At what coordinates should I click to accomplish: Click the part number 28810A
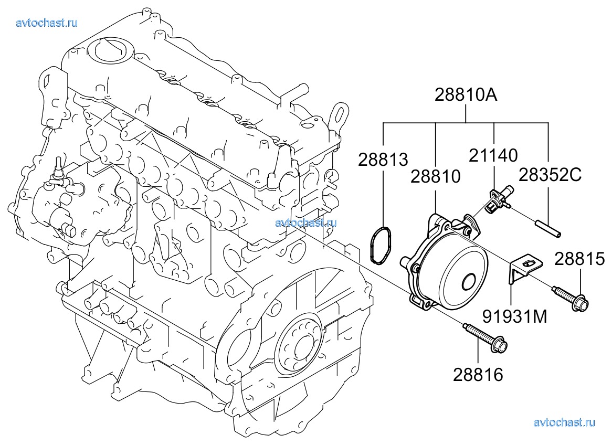tap(466, 95)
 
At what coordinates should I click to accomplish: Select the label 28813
tap(383, 160)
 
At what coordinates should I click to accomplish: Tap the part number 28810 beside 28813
tap(436, 176)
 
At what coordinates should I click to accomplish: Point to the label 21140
tap(493, 155)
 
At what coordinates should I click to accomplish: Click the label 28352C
tap(550, 175)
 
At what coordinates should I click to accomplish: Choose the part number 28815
tap(579, 259)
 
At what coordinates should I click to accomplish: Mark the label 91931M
tap(515, 316)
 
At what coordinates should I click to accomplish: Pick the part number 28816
tap(478, 375)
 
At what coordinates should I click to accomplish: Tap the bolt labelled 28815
tap(569, 298)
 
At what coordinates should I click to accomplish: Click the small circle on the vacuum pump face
tap(469, 282)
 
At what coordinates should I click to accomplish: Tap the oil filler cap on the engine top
tap(110, 49)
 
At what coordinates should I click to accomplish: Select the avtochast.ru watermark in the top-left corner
tap(47, 23)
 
